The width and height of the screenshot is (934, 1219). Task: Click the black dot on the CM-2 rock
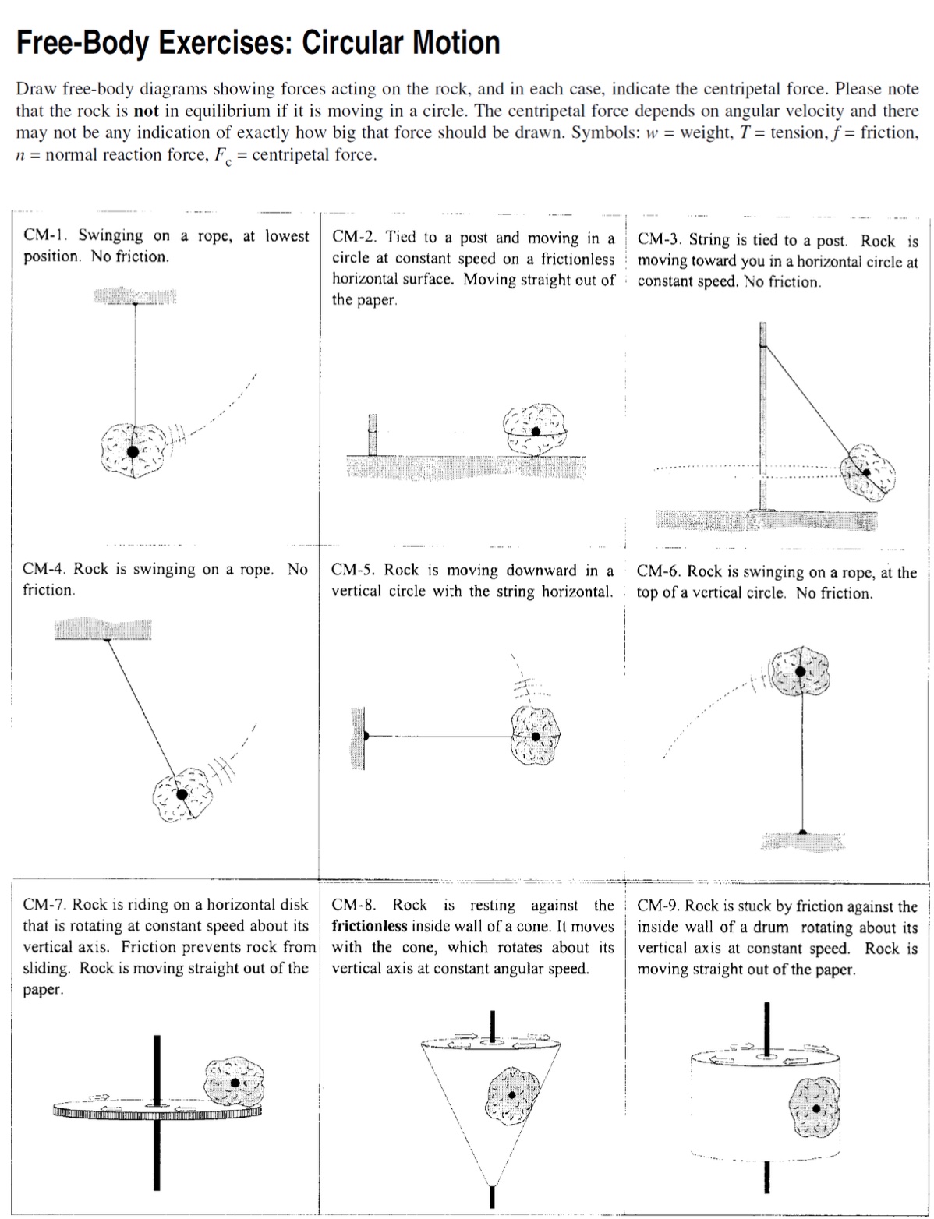(x=536, y=431)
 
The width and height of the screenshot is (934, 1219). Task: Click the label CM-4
(x=44, y=569)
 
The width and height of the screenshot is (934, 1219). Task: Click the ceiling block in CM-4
(x=103, y=628)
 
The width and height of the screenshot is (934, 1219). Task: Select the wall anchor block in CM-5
(x=357, y=737)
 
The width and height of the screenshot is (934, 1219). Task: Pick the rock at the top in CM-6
(x=800, y=670)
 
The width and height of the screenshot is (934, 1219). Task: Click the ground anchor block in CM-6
(x=803, y=840)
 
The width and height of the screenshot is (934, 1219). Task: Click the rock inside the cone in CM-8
(x=512, y=1095)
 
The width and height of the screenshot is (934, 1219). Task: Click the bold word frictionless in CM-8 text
(x=369, y=927)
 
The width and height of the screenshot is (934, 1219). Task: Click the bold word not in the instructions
(x=146, y=111)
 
